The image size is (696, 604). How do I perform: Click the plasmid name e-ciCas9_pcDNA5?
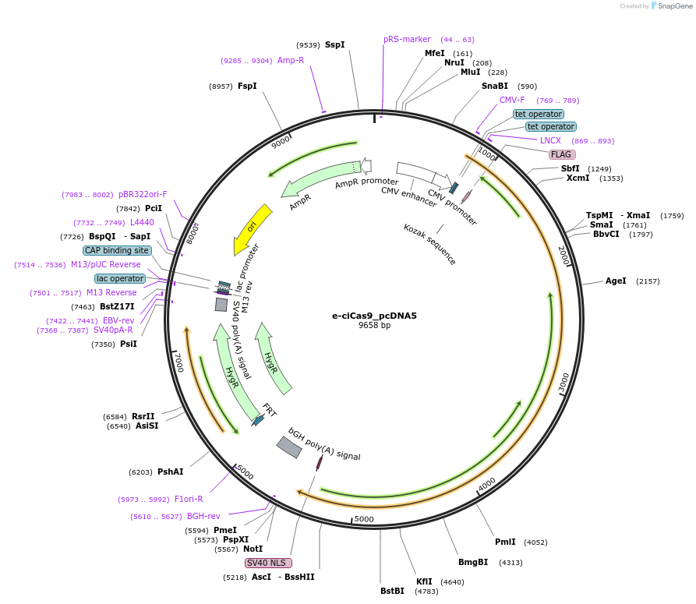coord(374,316)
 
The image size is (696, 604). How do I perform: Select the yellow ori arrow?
coord(253,230)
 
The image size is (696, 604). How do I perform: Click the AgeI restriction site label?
coord(616,281)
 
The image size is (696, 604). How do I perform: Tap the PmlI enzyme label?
coord(505,542)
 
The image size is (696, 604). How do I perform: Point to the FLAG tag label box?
coord(562,154)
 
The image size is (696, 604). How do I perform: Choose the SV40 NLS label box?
coord(268,563)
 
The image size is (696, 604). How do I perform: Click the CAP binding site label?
coord(117,250)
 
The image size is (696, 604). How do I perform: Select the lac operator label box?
coord(120,278)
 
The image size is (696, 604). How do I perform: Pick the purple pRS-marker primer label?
coord(407,39)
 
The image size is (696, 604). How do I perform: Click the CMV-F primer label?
coord(512,100)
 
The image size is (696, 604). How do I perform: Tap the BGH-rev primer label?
coord(203,516)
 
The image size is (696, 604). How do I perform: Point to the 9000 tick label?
coord(281,142)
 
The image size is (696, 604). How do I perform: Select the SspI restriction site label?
coord(334,45)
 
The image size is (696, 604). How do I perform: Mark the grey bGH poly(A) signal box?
coord(289,447)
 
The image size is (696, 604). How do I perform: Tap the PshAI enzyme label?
coord(170,472)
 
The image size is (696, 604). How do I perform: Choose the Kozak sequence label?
coord(429,244)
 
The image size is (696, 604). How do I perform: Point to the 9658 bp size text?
coord(374,325)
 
